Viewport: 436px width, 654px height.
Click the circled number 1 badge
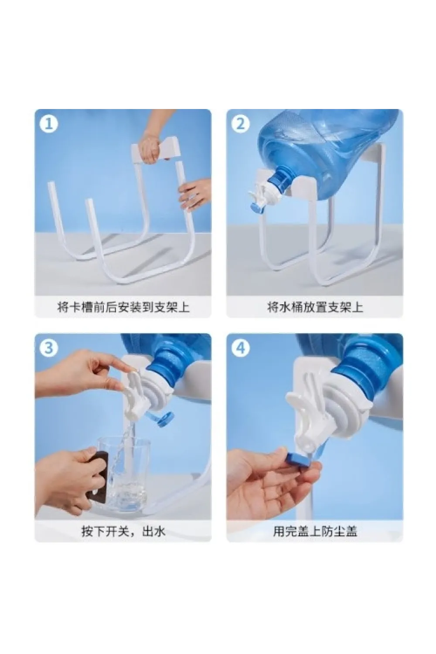pos(49,124)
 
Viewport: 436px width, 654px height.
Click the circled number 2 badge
pos(241,124)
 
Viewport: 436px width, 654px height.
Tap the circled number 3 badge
pos(49,348)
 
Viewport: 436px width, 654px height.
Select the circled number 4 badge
pos(241,348)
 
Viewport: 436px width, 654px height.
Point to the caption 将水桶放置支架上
pos(315,307)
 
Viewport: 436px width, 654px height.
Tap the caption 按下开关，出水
pos(123,531)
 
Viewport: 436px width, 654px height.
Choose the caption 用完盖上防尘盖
pos(315,531)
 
